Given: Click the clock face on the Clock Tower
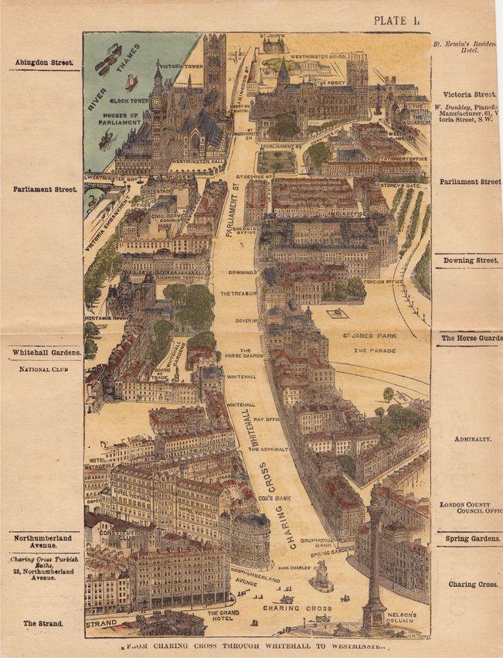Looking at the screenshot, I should pyautogui.click(x=157, y=101).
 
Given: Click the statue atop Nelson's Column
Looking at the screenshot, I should pyautogui.click(x=375, y=492).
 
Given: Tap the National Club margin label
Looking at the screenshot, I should pyautogui.click(x=43, y=370).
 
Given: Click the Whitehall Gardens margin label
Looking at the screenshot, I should pyautogui.click(x=45, y=353).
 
